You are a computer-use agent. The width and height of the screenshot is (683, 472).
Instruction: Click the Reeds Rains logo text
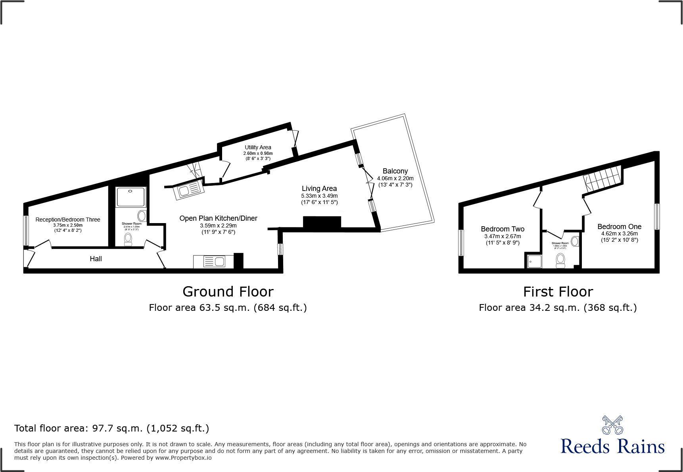point(612,447)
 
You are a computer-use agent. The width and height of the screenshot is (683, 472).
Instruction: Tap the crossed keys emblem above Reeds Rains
point(612,425)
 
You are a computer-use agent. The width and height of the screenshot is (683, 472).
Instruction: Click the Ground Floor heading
point(228,292)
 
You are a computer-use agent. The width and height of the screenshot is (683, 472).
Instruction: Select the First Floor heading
point(558,292)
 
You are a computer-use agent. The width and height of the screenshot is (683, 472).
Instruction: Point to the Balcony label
point(395,171)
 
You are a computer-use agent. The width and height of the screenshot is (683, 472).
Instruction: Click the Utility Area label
point(258,147)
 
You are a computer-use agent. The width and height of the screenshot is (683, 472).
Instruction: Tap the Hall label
point(96,259)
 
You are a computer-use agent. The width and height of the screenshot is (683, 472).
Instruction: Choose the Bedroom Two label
point(503,229)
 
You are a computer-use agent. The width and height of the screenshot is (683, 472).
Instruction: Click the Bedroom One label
point(619,227)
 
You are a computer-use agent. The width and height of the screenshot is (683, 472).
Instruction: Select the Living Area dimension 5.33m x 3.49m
point(319,196)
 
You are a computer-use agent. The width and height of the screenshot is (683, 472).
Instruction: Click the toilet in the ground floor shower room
point(128,239)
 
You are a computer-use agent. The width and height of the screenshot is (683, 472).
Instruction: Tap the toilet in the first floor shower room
point(560,260)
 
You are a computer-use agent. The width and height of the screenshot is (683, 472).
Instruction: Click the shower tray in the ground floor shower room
point(130,197)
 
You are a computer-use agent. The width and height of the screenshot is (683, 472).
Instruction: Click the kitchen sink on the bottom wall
point(214,262)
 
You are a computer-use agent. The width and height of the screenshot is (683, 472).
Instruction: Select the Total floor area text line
point(111,428)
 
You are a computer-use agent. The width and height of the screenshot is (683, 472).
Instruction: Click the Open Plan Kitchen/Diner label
point(218,218)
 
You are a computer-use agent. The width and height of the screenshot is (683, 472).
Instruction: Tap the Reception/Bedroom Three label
point(68,220)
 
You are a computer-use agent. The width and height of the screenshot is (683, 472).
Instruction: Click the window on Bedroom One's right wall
point(657,216)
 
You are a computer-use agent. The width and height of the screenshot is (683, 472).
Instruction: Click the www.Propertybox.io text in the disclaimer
point(183,458)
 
